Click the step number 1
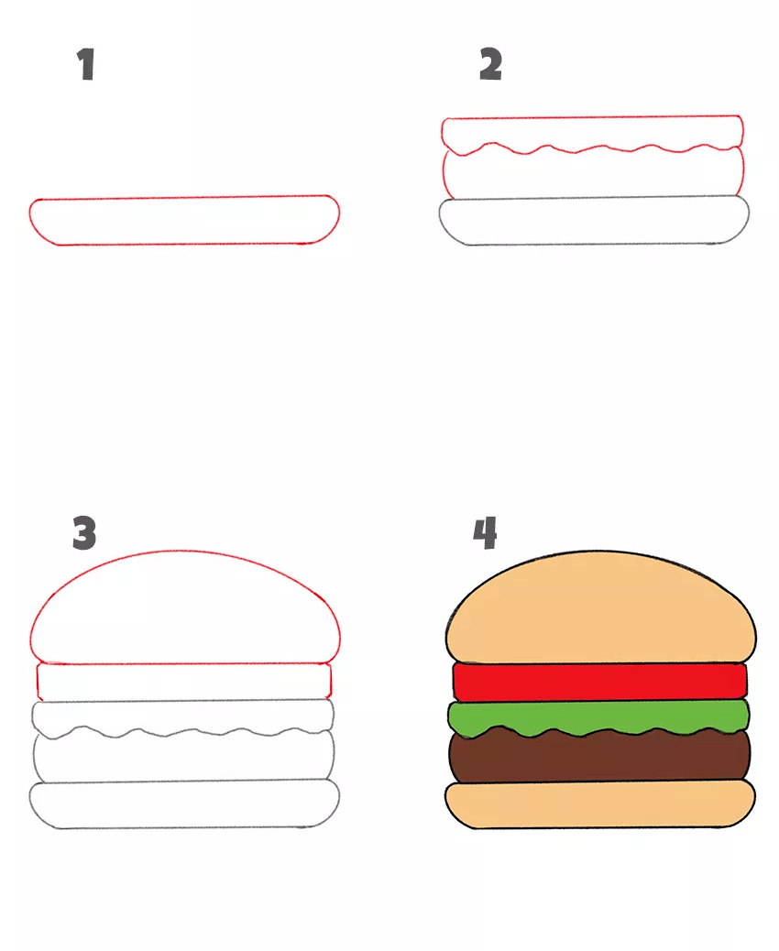click(85, 64)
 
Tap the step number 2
click(491, 64)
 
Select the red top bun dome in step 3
click(184, 552)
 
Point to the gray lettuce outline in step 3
click(182, 701)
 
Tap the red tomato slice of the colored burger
click(600, 682)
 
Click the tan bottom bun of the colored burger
click(600, 804)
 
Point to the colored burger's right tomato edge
click(746, 682)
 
